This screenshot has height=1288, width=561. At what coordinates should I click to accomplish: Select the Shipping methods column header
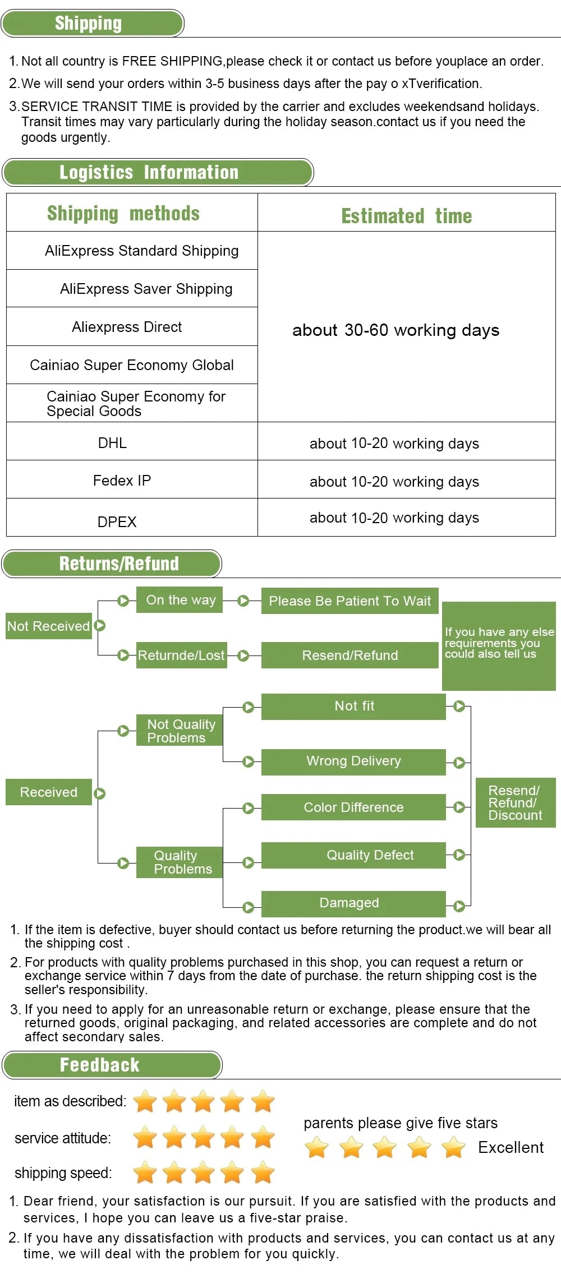(x=123, y=213)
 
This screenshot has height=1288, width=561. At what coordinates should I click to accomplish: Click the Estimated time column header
(x=407, y=216)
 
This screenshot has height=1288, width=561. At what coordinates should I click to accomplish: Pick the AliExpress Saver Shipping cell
(x=146, y=289)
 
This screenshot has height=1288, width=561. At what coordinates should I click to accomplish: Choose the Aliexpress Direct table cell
(x=127, y=327)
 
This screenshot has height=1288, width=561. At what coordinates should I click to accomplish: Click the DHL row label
(x=112, y=443)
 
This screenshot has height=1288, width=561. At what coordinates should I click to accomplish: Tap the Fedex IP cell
(x=122, y=481)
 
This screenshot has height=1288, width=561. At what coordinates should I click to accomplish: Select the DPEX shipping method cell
(x=117, y=521)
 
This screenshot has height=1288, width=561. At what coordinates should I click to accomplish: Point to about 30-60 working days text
(x=396, y=330)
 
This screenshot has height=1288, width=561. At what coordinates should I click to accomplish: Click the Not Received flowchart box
(x=48, y=626)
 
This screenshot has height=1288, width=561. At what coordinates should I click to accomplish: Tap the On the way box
(x=180, y=600)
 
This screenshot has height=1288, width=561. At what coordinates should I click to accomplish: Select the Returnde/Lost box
(x=181, y=655)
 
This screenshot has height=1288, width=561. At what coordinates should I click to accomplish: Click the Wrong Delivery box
(x=353, y=761)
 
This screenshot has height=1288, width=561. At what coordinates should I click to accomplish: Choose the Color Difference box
(x=353, y=807)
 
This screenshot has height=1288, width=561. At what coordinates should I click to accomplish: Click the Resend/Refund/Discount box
(x=515, y=802)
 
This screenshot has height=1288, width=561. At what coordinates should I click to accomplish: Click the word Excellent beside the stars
(x=511, y=1147)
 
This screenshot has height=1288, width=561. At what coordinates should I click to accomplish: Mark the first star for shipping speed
(x=145, y=1172)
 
